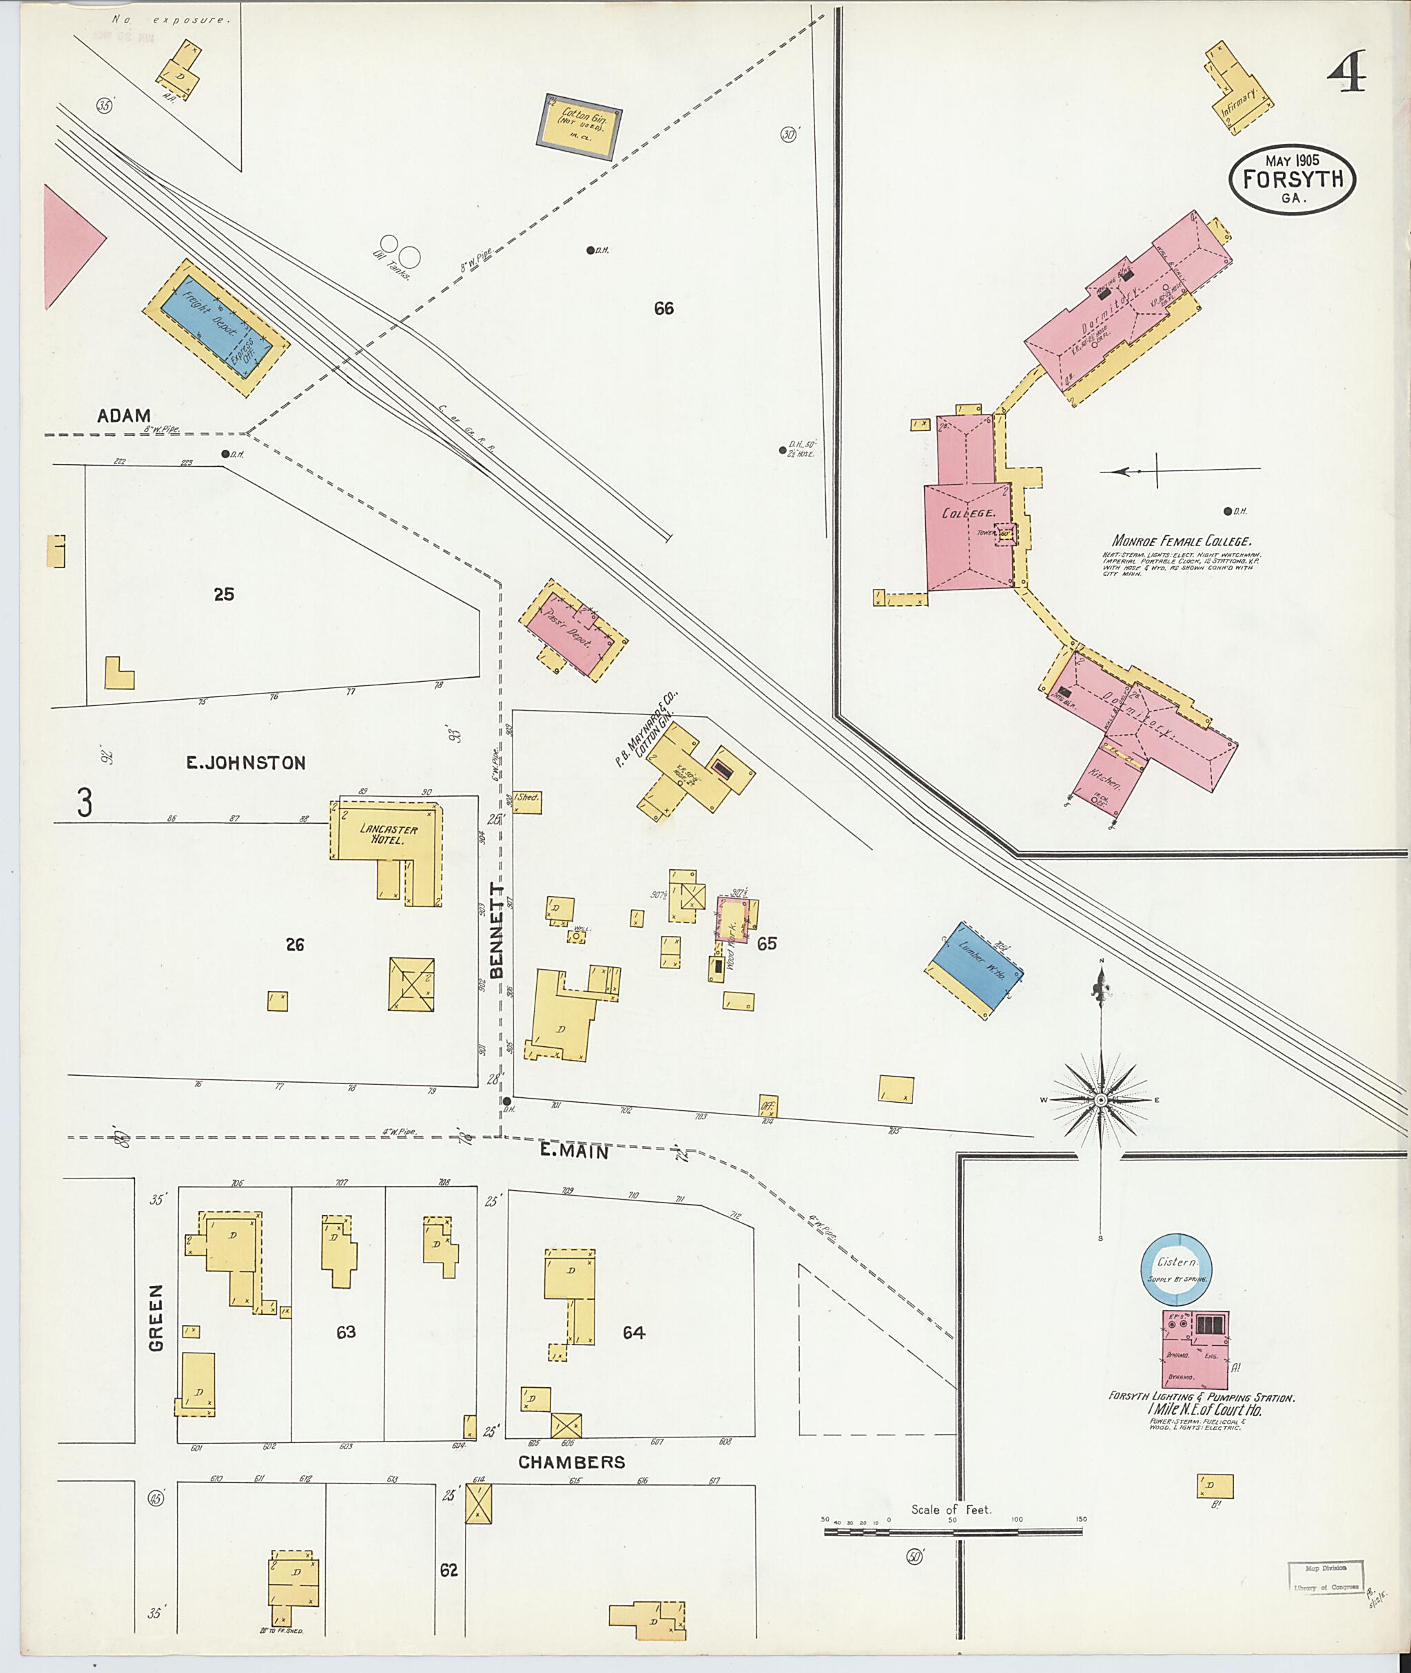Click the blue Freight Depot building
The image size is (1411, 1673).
coord(214,327)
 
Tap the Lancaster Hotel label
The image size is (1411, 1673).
coord(387,834)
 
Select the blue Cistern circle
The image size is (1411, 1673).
coord(1176,1269)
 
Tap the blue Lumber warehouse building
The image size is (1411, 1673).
coord(974,968)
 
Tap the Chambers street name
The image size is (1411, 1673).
coord(571,1462)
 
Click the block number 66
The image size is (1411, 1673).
coord(663,309)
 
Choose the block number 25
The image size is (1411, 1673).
coord(223,594)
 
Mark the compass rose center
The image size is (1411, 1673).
coord(1101,1101)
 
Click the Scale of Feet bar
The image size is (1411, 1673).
coord(952,1532)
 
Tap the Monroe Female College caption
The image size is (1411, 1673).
coord(1180,541)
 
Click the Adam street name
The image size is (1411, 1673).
coord(123,416)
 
